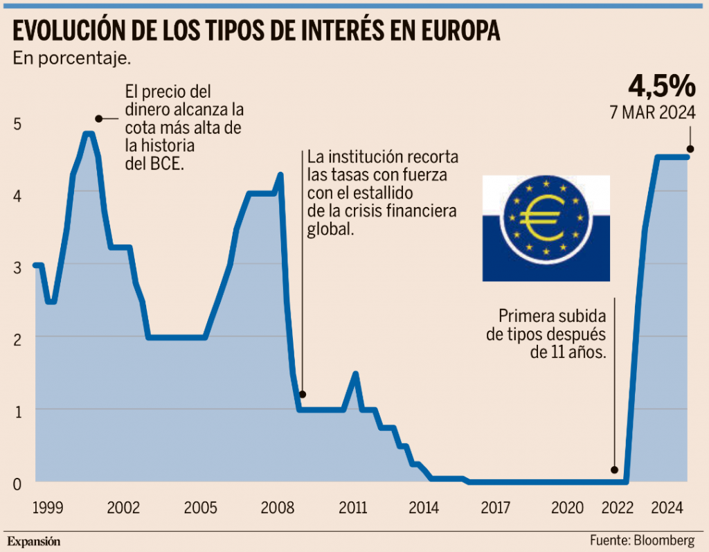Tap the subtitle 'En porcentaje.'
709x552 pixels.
(72, 58)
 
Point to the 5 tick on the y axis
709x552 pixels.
(18, 124)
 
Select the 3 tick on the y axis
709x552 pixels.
(18, 267)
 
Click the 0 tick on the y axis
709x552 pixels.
(18, 483)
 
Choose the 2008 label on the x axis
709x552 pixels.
(276, 508)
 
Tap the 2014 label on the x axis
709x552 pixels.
(424, 508)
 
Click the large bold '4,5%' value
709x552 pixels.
(661, 86)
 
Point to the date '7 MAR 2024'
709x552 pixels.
(652, 113)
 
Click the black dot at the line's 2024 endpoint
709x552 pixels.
(690, 149)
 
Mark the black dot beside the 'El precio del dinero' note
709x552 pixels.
(98, 118)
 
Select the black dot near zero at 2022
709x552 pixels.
(613, 470)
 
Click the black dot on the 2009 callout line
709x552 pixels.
(302, 394)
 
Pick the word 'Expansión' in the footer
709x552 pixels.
(34, 540)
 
